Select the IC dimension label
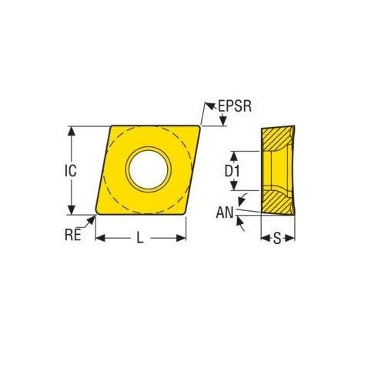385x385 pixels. pyautogui.click(x=70, y=171)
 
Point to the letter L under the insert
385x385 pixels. pyautogui.click(x=140, y=239)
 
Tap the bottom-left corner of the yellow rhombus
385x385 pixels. pyautogui.click(x=97, y=213)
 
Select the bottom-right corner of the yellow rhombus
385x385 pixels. pyautogui.click(x=186, y=213)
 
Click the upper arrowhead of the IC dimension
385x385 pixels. pyautogui.click(x=72, y=130)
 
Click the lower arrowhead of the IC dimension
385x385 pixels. pyautogui.click(x=72, y=210)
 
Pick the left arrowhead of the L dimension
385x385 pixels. pyautogui.click(x=99, y=239)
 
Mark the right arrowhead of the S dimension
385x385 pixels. pyautogui.click(x=292, y=239)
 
